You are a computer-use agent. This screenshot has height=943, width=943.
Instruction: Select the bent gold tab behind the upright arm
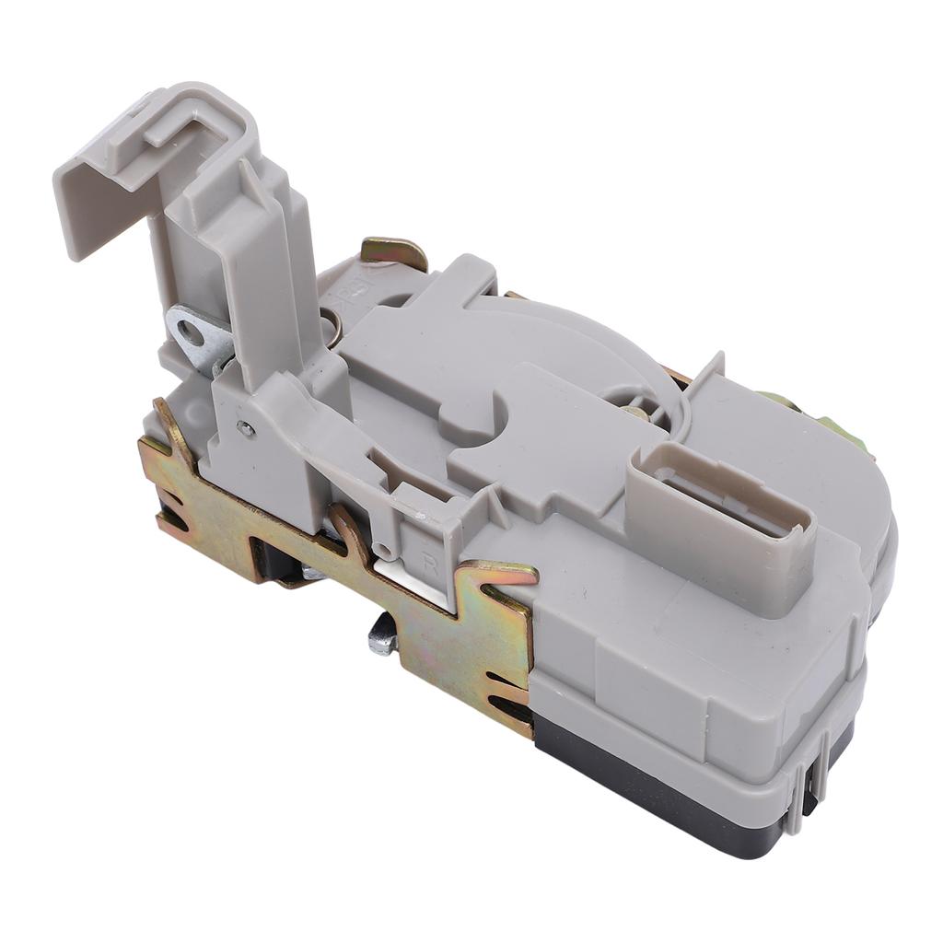pos(394,250)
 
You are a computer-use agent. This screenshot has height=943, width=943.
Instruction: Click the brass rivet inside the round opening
pos(634,412)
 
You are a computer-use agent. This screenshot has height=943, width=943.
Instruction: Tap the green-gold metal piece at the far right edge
pos(843,429)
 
